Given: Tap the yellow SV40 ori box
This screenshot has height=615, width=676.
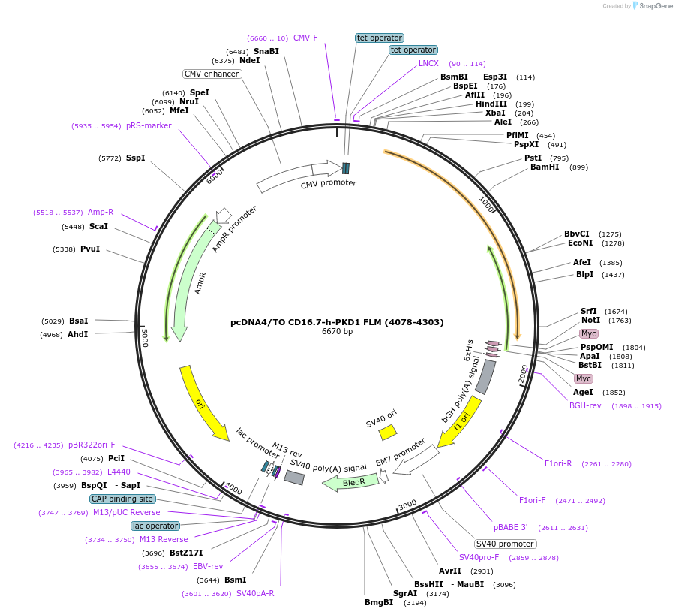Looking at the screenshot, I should pyautogui.click(x=388, y=433).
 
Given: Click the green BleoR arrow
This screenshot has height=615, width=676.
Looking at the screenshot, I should pyautogui.click(x=350, y=481).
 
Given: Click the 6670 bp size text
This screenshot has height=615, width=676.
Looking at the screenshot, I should pyautogui.click(x=337, y=331).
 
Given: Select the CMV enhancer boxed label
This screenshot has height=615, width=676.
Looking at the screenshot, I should pyautogui.click(x=212, y=74).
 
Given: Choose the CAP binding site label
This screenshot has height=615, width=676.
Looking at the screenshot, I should pyautogui.click(x=122, y=499).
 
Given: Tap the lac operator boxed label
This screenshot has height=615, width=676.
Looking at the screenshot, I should pyautogui.click(x=155, y=526).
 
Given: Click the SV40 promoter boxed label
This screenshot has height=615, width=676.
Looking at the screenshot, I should pyautogui.click(x=505, y=544).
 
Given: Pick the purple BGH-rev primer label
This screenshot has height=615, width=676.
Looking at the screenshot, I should pyautogui.click(x=585, y=405).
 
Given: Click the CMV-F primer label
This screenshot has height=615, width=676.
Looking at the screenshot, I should pyautogui.click(x=305, y=38).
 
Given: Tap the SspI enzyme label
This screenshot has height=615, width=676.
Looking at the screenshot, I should pyautogui.click(x=136, y=158).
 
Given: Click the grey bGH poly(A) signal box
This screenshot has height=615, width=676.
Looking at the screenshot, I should pyautogui.click(x=485, y=377).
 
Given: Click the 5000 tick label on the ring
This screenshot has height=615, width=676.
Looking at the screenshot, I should pyautogui.click(x=145, y=337).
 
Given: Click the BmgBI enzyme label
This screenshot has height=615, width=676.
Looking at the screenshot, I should pyautogui.click(x=379, y=602).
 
